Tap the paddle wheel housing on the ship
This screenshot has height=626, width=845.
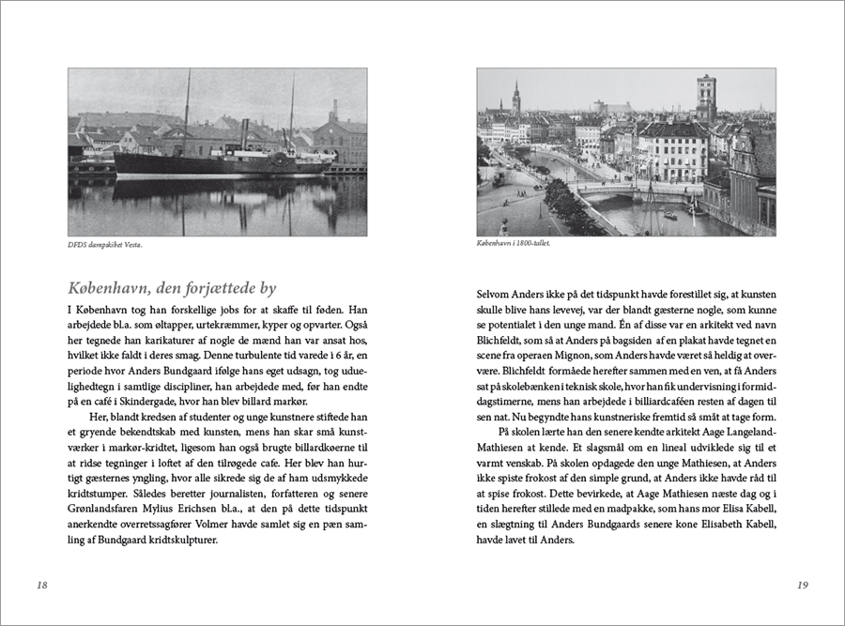(279, 159)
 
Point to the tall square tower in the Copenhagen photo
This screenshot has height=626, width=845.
(706, 99)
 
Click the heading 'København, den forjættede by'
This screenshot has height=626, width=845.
(172, 288)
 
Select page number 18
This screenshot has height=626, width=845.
(41, 585)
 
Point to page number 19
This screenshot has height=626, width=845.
(802, 585)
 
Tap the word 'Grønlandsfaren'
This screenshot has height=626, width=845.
(105, 513)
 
